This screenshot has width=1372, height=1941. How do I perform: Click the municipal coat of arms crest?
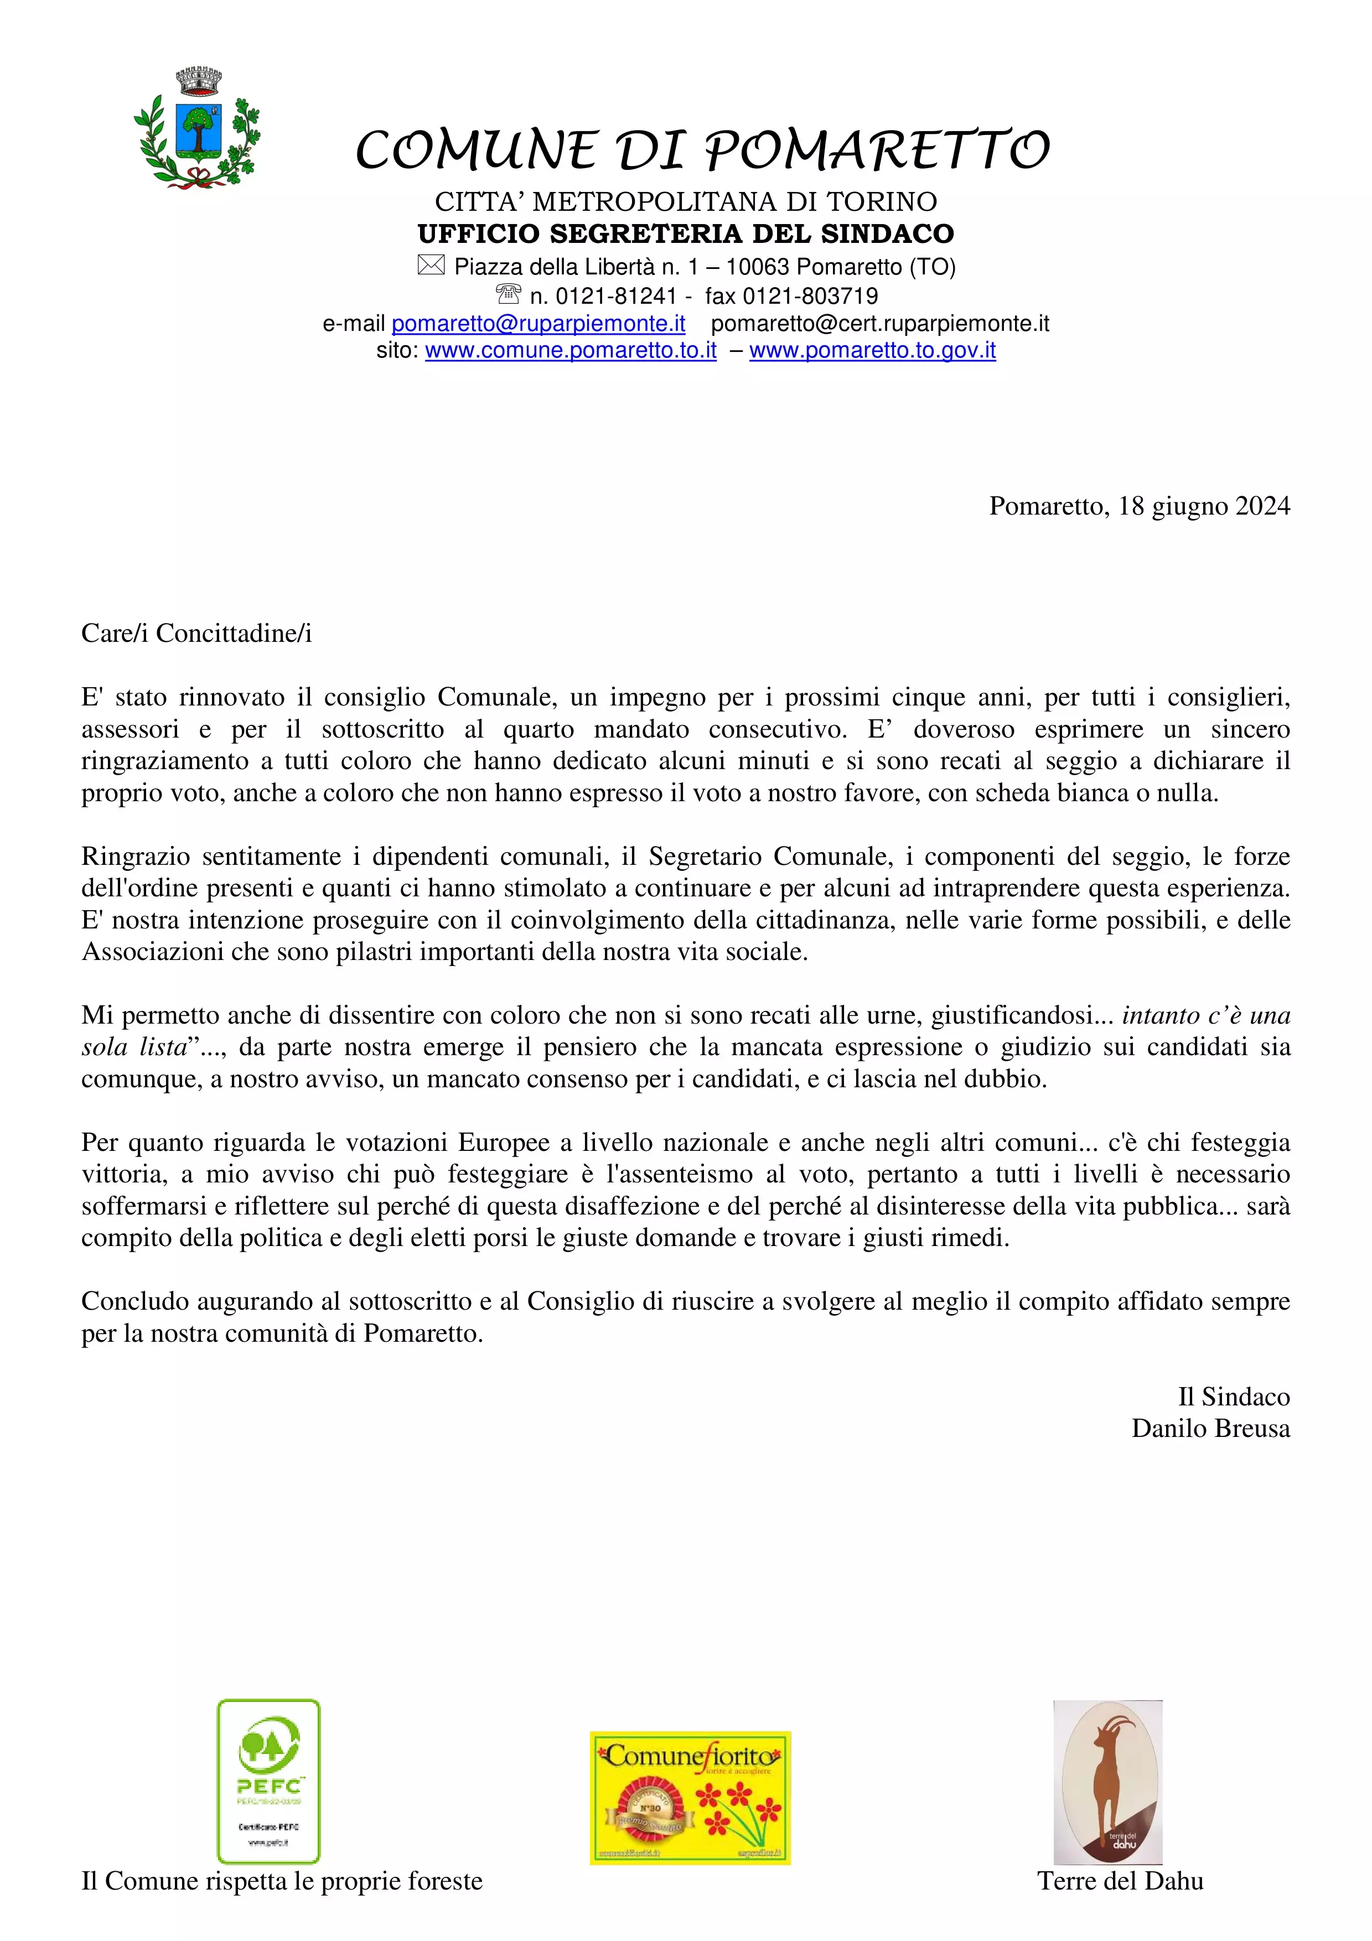coord(197,127)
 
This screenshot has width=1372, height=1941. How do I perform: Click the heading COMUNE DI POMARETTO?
coord(702,150)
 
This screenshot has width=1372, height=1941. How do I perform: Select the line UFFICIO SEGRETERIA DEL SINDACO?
coord(686,233)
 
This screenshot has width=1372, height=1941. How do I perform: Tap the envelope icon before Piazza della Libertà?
coord(430,266)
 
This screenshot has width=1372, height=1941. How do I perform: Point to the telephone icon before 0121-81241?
coord(508,294)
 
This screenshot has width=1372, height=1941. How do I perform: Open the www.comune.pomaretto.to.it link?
coord(571,350)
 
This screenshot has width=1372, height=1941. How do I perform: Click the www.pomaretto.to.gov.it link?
coord(872,350)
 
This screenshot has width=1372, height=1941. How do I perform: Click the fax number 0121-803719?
coord(810,296)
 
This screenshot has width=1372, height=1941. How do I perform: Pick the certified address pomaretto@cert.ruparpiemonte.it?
coord(880,324)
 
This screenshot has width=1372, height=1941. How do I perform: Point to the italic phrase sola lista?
coord(133,1047)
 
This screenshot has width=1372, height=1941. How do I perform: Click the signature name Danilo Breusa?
coord(1210,1429)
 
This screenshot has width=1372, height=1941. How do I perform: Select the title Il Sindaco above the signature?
coord(1234,1397)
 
